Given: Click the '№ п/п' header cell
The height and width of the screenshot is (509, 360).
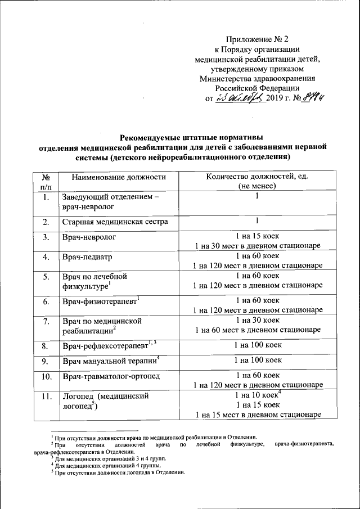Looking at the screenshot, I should (46, 182).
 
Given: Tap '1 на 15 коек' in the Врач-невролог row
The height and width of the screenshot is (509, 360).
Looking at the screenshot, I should (256, 237).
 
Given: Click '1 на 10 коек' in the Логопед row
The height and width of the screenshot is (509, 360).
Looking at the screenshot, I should (256, 395).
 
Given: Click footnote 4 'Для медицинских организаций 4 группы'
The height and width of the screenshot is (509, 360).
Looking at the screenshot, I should (106, 466).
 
